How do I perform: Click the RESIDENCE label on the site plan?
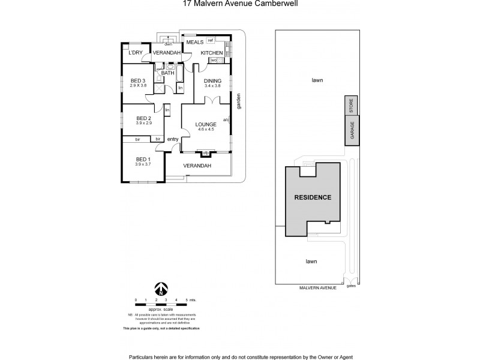click(312, 197)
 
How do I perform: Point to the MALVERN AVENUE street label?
click(318, 288)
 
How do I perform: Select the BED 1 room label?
click(142, 158)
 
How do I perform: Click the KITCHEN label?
click(211, 53)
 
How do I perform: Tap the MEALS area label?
click(195, 43)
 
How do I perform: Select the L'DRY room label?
click(136, 53)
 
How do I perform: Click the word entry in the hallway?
click(173, 140)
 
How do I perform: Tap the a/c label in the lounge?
click(226, 119)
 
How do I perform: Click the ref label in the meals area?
click(210, 40)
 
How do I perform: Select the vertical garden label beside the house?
click(239, 100)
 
